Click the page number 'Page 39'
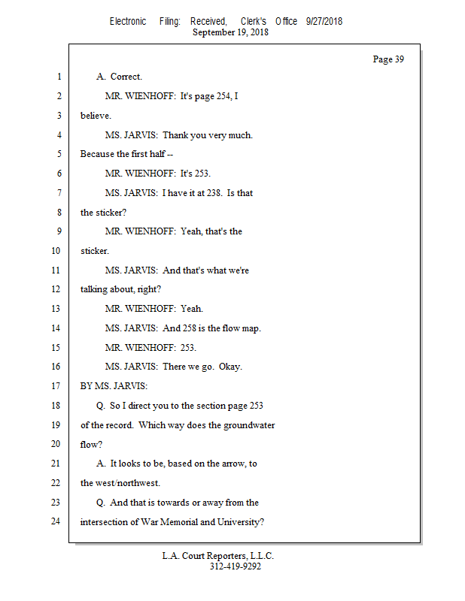point(388,59)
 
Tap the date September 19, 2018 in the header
point(231,32)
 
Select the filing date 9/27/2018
point(324,21)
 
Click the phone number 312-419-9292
point(236,566)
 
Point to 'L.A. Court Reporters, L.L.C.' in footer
point(218,556)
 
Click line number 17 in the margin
point(55,386)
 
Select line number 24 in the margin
point(55,521)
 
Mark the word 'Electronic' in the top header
point(128,21)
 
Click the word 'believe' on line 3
point(95,116)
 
